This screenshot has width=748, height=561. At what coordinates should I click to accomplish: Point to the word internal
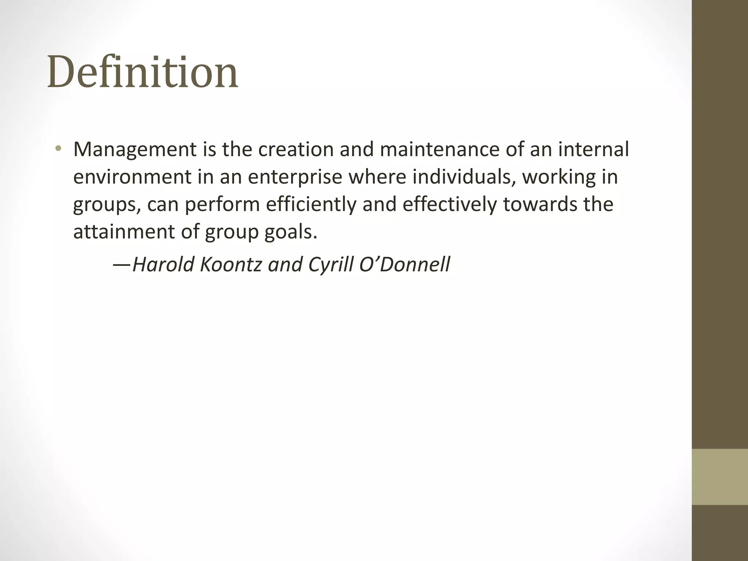(x=594, y=150)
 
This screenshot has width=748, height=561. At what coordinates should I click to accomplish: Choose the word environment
(x=132, y=177)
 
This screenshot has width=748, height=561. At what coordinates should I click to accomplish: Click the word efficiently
(x=311, y=205)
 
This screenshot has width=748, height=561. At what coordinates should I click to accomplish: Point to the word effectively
(x=450, y=205)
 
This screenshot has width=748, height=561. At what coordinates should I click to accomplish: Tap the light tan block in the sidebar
(x=720, y=477)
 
